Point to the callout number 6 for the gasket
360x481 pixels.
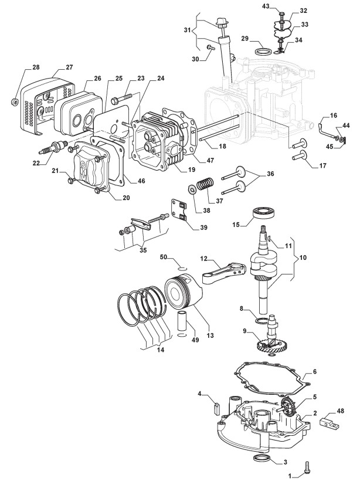315,371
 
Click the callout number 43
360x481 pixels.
265,6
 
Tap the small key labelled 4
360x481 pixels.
216,406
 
